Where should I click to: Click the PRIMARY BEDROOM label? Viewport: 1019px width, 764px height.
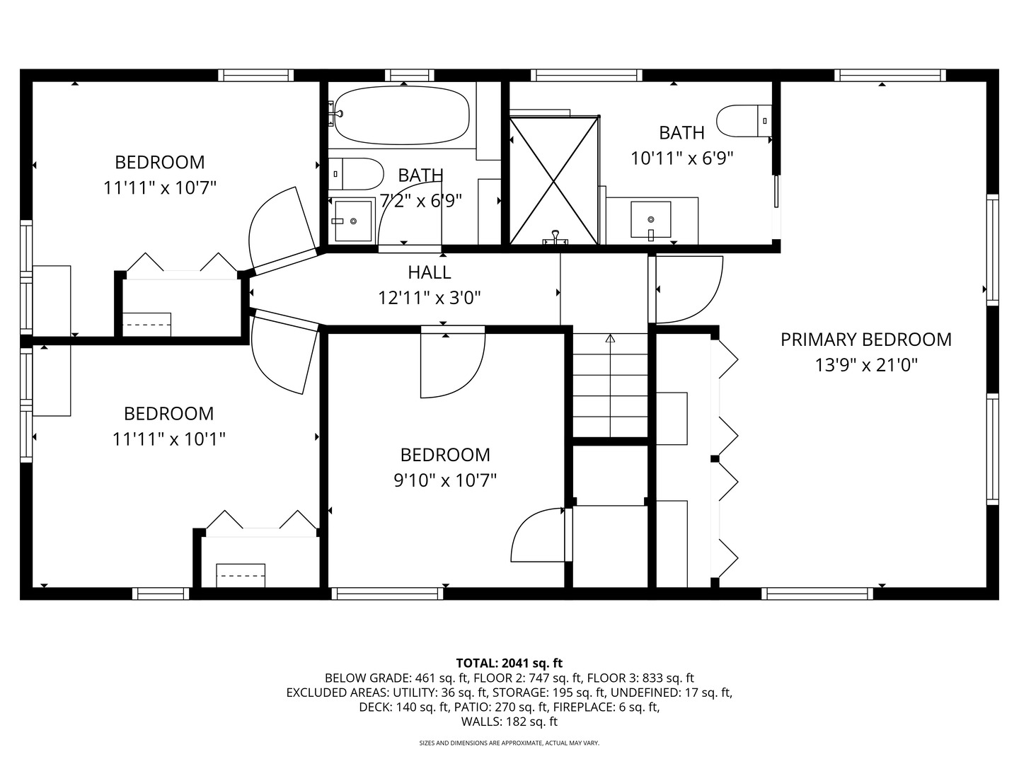coord(866,340)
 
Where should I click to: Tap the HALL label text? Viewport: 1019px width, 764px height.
coord(430,272)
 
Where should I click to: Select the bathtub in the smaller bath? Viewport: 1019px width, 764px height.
coord(402,115)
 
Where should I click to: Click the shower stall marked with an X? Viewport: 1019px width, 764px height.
coord(554,180)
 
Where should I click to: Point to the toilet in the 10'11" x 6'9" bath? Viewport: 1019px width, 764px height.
coord(744,121)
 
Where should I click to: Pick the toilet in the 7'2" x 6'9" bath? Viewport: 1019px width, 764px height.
coord(356,174)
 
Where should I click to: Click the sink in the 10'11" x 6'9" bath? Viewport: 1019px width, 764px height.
coord(651,220)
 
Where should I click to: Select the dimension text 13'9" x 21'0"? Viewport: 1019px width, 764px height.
coord(866,366)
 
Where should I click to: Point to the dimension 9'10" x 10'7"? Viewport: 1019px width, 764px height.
coord(445,480)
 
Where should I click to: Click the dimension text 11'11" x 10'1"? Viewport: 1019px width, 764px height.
coord(169,439)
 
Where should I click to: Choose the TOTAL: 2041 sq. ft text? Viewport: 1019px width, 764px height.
coord(509,663)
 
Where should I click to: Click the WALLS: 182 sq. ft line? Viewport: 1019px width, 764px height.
coord(509,722)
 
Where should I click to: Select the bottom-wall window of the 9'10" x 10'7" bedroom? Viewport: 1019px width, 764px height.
coord(387,594)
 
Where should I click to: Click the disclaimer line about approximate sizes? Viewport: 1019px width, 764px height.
coord(509,743)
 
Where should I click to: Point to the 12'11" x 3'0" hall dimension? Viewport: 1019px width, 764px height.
coord(430,298)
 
